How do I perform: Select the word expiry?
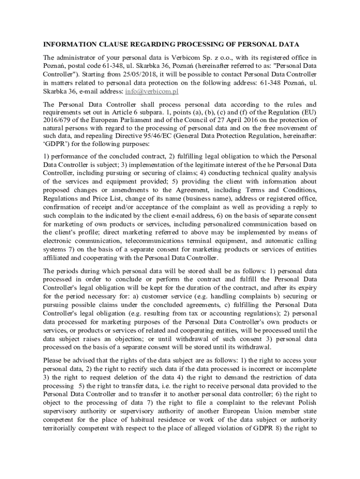coord(308,288)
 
